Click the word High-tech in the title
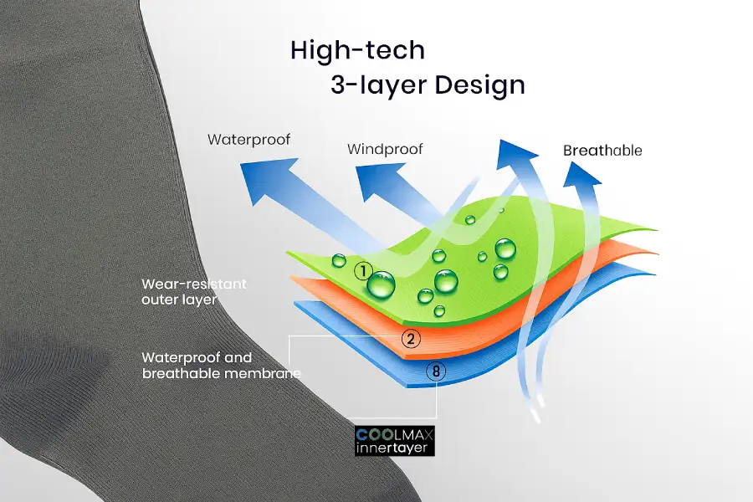point(357,50)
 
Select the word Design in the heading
point(480,85)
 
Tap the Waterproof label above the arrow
point(248,139)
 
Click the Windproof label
point(385,150)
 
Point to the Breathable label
point(602,151)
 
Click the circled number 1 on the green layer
point(362,271)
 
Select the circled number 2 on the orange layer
point(410,339)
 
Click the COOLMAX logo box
point(395,441)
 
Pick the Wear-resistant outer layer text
point(194,292)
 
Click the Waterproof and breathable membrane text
point(221,366)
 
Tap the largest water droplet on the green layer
point(382,285)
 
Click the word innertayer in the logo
point(395,449)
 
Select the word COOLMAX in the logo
point(395,434)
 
